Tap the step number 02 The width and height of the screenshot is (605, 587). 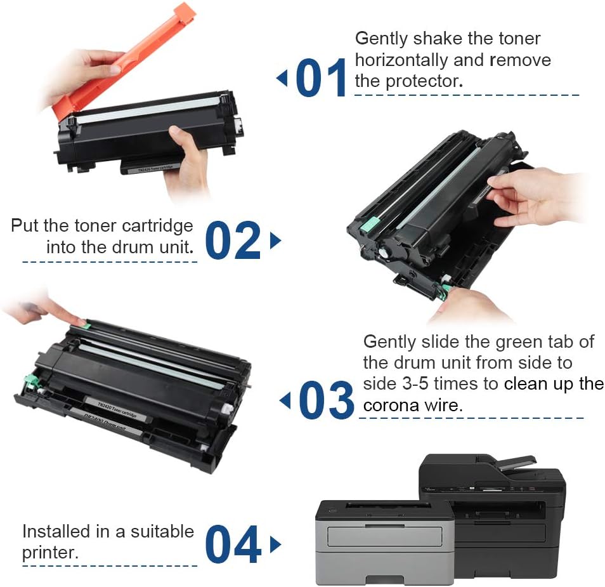tap(233, 241)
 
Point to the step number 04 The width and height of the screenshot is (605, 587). tap(233, 544)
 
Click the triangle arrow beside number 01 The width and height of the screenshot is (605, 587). tap(282, 78)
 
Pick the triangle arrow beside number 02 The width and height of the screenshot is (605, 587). tap(275, 241)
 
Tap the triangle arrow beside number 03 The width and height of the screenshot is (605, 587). tap(285, 400)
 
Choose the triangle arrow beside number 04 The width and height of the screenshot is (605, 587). tap(275, 544)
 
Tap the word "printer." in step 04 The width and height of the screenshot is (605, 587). tap(51, 552)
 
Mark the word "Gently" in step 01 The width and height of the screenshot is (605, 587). tap(381, 38)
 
